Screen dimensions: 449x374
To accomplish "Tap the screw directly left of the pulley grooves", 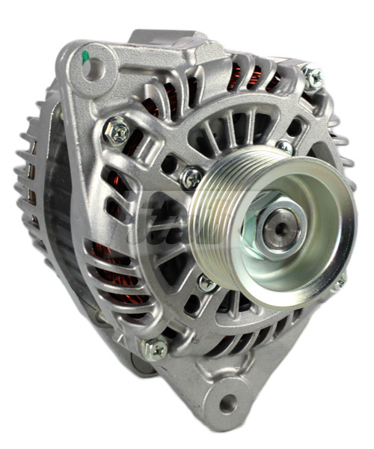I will pyautogui.click(x=191, y=177).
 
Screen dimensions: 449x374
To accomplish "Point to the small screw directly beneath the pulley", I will pyautogui.click(x=206, y=283).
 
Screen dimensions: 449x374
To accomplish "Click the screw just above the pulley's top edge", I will pyautogui.click(x=283, y=147).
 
